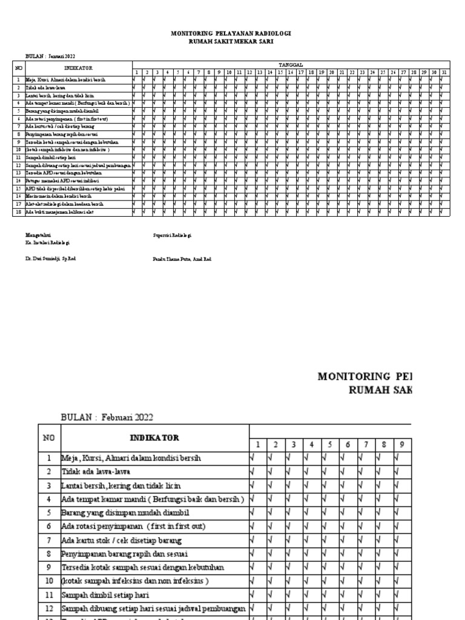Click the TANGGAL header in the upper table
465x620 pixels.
(x=291, y=64)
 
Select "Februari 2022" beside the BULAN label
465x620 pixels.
(x=127, y=417)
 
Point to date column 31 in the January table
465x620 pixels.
(x=444, y=72)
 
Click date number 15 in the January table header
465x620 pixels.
(x=281, y=72)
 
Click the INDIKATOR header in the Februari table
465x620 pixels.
(x=154, y=437)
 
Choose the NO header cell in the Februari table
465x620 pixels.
(x=49, y=437)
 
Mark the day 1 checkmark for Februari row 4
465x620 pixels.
(x=252, y=499)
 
